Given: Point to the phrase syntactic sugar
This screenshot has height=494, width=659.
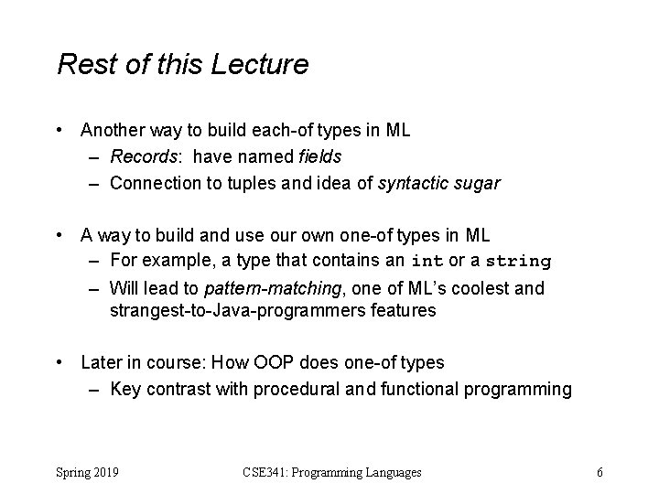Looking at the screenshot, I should (x=442, y=183).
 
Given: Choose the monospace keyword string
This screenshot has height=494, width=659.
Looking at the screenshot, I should (x=517, y=262).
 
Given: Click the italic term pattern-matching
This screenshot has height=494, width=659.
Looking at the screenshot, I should (x=272, y=288).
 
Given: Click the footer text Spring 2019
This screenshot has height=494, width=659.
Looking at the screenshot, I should (x=91, y=472).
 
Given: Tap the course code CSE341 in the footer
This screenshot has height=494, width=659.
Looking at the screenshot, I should (x=266, y=472).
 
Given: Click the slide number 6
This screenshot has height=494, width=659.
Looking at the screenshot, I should (x=599, y=472).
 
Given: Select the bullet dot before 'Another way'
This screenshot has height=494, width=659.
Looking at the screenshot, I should (x=60, y=131).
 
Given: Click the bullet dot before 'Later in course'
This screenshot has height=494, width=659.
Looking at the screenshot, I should (x=60, y=362).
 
